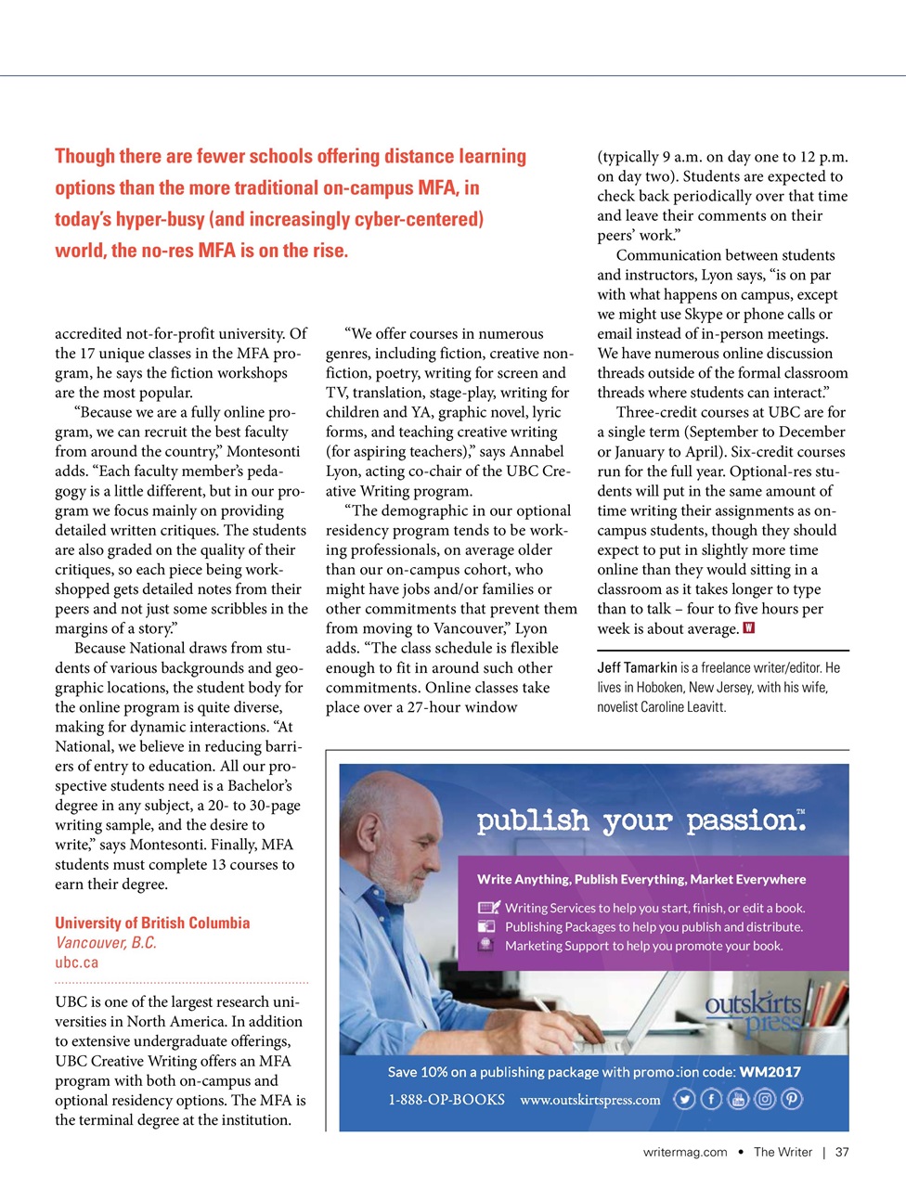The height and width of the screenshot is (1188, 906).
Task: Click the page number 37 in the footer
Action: tap(842, 1152)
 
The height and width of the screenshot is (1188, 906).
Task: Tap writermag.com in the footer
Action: tap(685, 1152)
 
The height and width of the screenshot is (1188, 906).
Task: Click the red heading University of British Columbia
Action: tap(152, 923)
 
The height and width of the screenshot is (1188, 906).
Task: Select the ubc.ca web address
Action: tap(76, 962)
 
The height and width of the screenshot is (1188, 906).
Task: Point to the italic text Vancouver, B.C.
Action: tap(106, 943)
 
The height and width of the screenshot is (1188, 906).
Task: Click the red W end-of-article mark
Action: tap(749, 628)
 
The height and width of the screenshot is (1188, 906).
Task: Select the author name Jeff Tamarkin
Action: tap(637, 668)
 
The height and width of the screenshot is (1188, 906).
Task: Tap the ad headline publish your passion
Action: tap(641, 820)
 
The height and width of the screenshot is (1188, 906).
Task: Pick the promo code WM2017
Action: tap(770, 1072)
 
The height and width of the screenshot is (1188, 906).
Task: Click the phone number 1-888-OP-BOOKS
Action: tap(447, 1100)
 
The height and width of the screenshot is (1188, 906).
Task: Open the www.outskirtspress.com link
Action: tap(590, 1100)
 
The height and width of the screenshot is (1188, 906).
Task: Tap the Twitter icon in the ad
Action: tap(684, 1100)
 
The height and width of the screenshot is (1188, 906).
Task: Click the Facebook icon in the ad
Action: tap(711, 1100)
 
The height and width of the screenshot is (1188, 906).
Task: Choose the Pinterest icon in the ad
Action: tap(792, 1100)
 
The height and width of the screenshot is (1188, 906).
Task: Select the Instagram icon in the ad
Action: tap(765, 1100)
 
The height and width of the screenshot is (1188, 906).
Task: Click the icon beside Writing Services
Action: tap(488, 908)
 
